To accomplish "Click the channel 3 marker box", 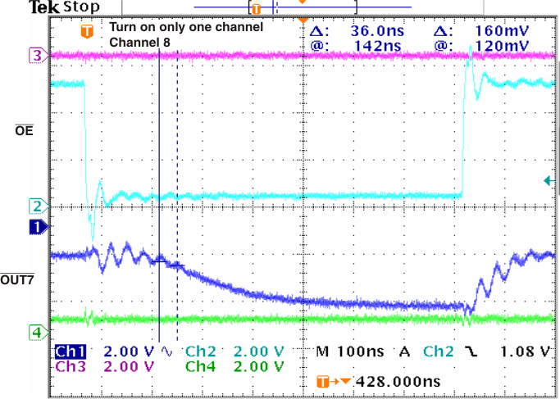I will coord(36,56).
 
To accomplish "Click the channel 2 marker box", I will coord(36,205).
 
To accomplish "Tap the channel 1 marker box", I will coord(36,225).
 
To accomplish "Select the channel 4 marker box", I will coord(36,332).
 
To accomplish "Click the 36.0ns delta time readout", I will coord(374,30).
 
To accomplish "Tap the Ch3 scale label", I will coord(69,366).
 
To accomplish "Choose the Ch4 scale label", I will coord(201,366).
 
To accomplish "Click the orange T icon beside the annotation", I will coord(86,32).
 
